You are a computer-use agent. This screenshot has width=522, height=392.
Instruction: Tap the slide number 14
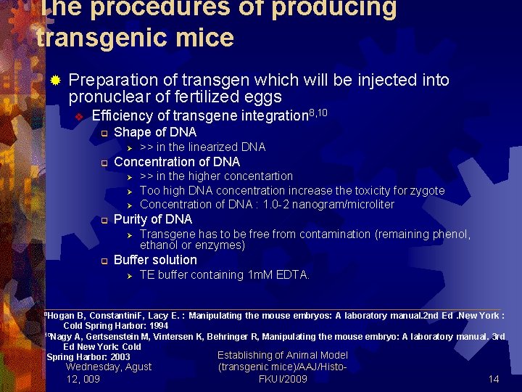click(494, 379)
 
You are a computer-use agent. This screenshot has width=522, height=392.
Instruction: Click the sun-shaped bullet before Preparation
click(55, 80)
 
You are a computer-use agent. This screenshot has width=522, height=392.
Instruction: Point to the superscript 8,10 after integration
click(319, 112)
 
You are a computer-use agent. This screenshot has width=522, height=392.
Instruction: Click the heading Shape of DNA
click(155, 132)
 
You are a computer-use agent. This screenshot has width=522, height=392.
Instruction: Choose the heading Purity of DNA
click(153, 219)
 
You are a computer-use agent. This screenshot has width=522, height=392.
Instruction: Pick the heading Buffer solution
click(155, 260)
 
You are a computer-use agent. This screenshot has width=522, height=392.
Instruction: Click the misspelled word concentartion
click(258, 176)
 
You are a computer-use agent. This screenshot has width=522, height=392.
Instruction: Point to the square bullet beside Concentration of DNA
click(104, 163)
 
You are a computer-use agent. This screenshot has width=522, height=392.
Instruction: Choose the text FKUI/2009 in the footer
click(283, 379)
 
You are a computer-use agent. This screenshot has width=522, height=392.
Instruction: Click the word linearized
click(216, 147)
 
